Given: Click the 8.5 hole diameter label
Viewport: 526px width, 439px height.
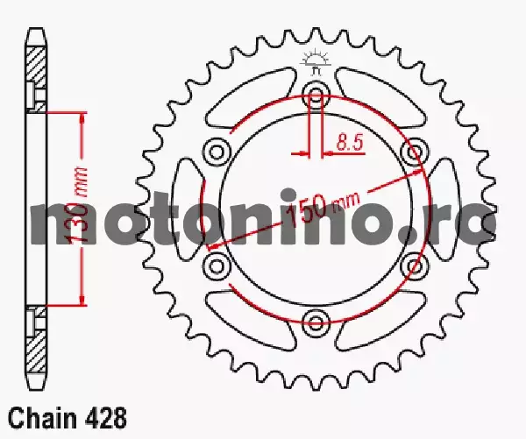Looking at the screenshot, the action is [350, 143].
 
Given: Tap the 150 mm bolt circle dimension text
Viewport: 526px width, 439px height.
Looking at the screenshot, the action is [323, 209].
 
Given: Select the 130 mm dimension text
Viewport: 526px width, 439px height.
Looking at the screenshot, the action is [77, 204].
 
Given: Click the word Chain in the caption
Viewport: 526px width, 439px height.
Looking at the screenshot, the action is [43, 418].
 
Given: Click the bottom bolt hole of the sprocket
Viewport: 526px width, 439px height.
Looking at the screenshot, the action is [316, 322].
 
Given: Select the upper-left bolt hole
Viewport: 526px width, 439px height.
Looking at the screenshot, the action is [217, 152].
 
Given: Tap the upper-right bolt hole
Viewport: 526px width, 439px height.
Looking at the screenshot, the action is [415, 152].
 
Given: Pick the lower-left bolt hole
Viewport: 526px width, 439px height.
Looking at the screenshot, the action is [217, 266].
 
